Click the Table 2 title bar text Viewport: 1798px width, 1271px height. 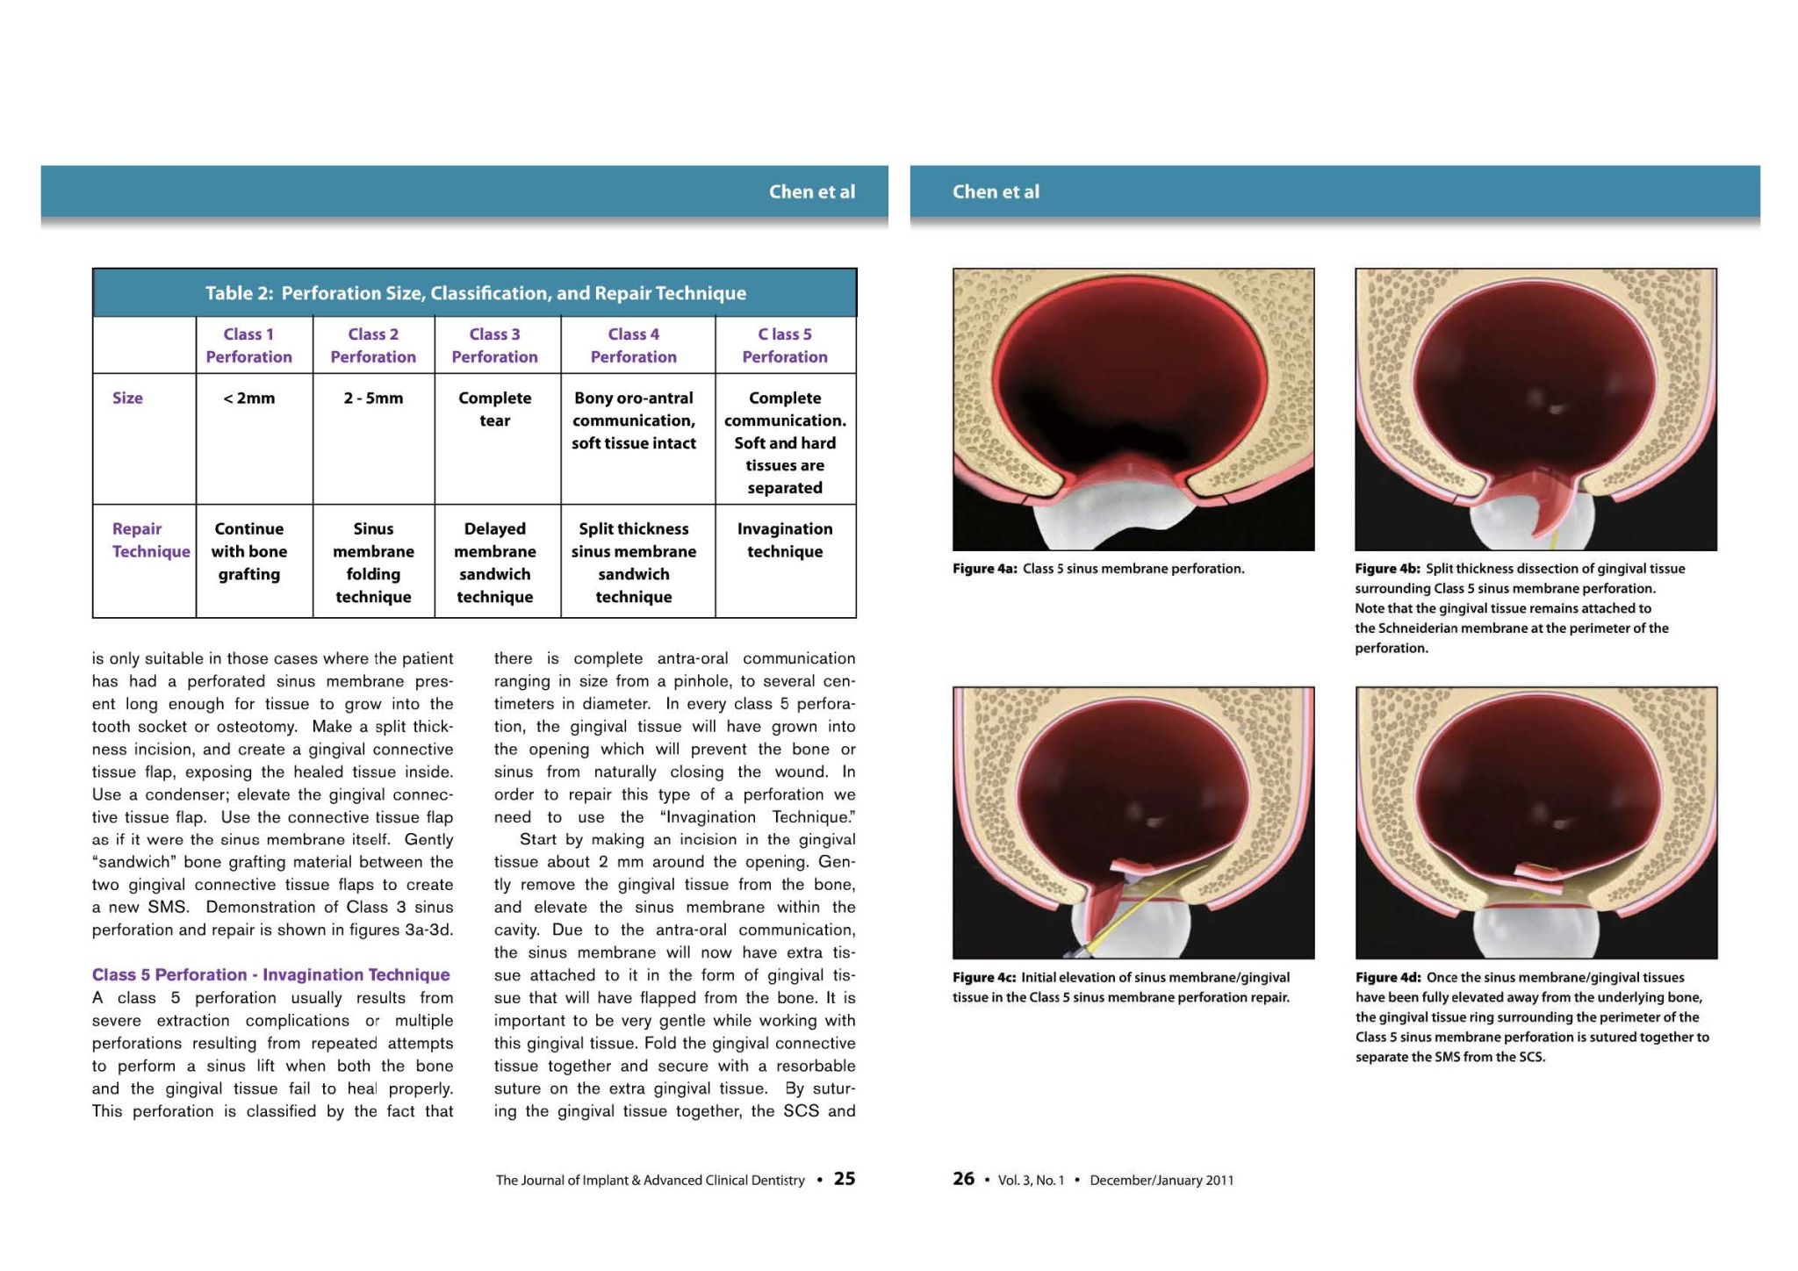[x=475, y=293]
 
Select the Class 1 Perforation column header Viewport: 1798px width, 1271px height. [x=248, y=345]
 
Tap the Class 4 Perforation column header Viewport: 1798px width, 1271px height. [x=633, y=345]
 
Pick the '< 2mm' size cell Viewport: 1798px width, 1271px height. [x=248, y=399]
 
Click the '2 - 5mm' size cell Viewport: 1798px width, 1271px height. [x=373, y=399]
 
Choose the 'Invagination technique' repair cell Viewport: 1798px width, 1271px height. [x=785, y=540]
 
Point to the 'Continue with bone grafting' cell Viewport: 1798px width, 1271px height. [x=248, y=551]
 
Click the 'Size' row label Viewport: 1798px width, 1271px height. [x=127, y=399]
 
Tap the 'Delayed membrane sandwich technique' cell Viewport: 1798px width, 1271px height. [x=494, y=563]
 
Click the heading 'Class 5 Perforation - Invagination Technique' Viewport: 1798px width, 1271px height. [x=270, y=974]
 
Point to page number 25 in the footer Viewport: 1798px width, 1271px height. [x=844, y=1179]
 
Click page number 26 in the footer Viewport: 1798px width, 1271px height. [x=963, y=1179]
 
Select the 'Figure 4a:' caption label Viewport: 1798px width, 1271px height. [x=984, y=569]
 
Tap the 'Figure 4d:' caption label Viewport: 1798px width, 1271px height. [x=1387, y=977]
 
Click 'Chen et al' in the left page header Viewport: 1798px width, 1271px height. [x=811, y=191]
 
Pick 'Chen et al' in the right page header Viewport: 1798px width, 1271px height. [x=996, y=191]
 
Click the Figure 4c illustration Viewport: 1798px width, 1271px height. [x=1133, y=822]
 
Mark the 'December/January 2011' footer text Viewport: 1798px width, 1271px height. [x=1161, y=1181]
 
